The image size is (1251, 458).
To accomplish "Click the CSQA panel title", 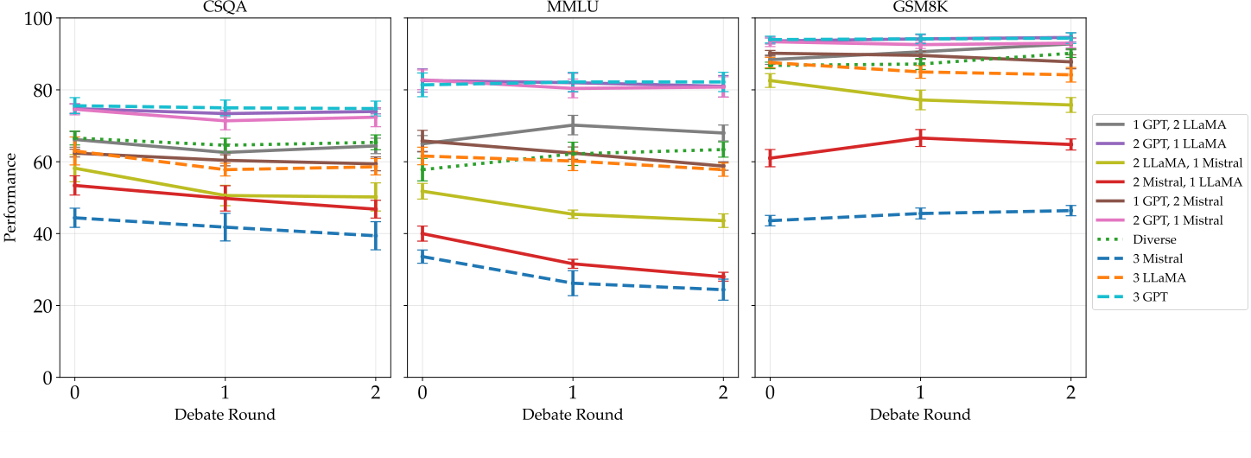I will pos(225,8).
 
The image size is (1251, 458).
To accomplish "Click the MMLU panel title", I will pos(572,8).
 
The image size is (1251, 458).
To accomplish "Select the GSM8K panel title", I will pos(919,8).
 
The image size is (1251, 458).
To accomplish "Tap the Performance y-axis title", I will pos(10,198).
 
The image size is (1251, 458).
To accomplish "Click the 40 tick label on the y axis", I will pos(41,234).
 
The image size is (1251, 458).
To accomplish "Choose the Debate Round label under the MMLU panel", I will pos(572,415).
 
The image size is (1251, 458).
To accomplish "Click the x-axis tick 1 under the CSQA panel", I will pos(225,391).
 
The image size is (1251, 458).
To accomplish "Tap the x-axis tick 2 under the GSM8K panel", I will pos(1071,391).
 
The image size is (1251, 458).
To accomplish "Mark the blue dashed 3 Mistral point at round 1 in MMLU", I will pos(572,283).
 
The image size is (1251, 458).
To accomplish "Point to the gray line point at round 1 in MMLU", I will pos(572,124).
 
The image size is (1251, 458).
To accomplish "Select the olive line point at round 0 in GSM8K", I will pos(770,80).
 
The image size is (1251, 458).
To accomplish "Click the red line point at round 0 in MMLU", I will pos(422,233).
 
